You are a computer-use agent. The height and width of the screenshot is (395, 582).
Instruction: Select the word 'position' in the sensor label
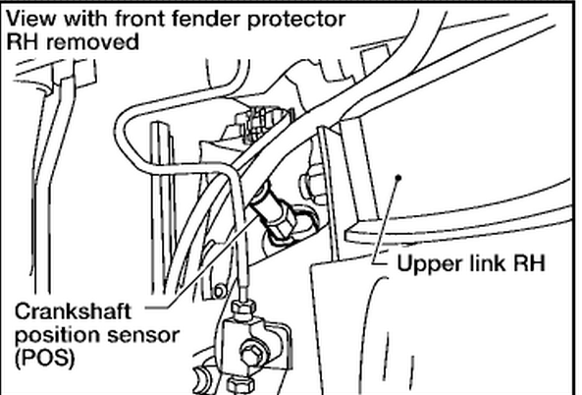click(x=50, y=334)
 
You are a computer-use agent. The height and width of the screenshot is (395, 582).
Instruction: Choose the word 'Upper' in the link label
click(x=424, y=264)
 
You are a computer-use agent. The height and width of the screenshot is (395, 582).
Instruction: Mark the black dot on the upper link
click(x=397, y=179)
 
